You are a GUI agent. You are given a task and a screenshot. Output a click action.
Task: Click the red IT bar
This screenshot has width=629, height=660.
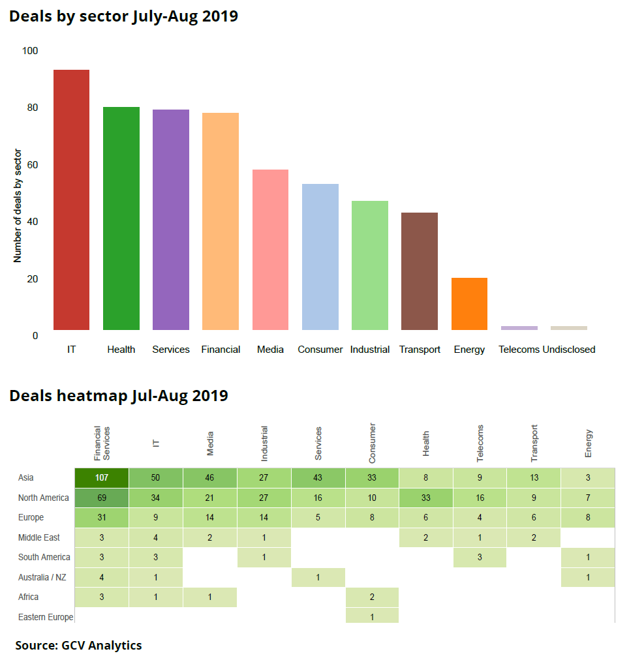tap(71, 200)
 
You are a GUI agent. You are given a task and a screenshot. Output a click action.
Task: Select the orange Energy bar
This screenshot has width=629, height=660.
tap(469, 304)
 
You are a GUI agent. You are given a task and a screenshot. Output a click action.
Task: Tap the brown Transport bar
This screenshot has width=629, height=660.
tap(420, 271)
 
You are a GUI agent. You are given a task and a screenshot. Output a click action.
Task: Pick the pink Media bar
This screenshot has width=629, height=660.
tap(270, 250)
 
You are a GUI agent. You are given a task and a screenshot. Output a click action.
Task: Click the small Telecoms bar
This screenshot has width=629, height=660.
tap(519, 328)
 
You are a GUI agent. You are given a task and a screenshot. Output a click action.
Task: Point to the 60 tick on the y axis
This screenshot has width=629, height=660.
tap(31, 164)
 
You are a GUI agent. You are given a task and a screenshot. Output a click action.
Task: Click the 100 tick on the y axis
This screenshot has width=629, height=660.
tap(30, 51)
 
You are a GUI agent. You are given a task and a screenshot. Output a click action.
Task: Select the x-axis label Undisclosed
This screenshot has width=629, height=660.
tap(569, 350)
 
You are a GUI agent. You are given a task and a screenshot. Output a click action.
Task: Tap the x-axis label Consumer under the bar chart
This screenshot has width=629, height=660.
tap(320, 350)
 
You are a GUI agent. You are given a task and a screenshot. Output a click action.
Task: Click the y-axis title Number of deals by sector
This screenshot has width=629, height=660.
tap(18, 206)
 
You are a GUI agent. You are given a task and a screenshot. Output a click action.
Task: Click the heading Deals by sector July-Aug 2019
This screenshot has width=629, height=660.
tap(123, 16)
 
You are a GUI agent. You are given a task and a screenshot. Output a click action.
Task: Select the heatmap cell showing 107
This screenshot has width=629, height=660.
tap(102, 478)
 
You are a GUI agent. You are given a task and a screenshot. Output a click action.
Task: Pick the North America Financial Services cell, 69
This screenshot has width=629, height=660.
tap(102, 498)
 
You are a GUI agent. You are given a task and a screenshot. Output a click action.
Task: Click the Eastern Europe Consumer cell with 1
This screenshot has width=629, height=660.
tap(372, 617)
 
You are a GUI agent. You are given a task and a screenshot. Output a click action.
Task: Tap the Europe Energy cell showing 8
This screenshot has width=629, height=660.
tap(589, 518)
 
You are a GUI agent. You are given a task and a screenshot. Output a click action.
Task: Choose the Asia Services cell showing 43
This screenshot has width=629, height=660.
tap(318, 478)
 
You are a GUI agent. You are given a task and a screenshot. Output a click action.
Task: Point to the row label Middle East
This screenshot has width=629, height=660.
tap(39, 537)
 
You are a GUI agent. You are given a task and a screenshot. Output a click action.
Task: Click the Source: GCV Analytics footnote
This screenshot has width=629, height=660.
tap(78, 646)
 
